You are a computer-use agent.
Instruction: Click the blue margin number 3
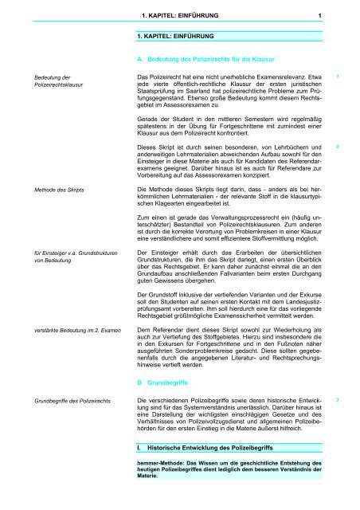338,395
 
